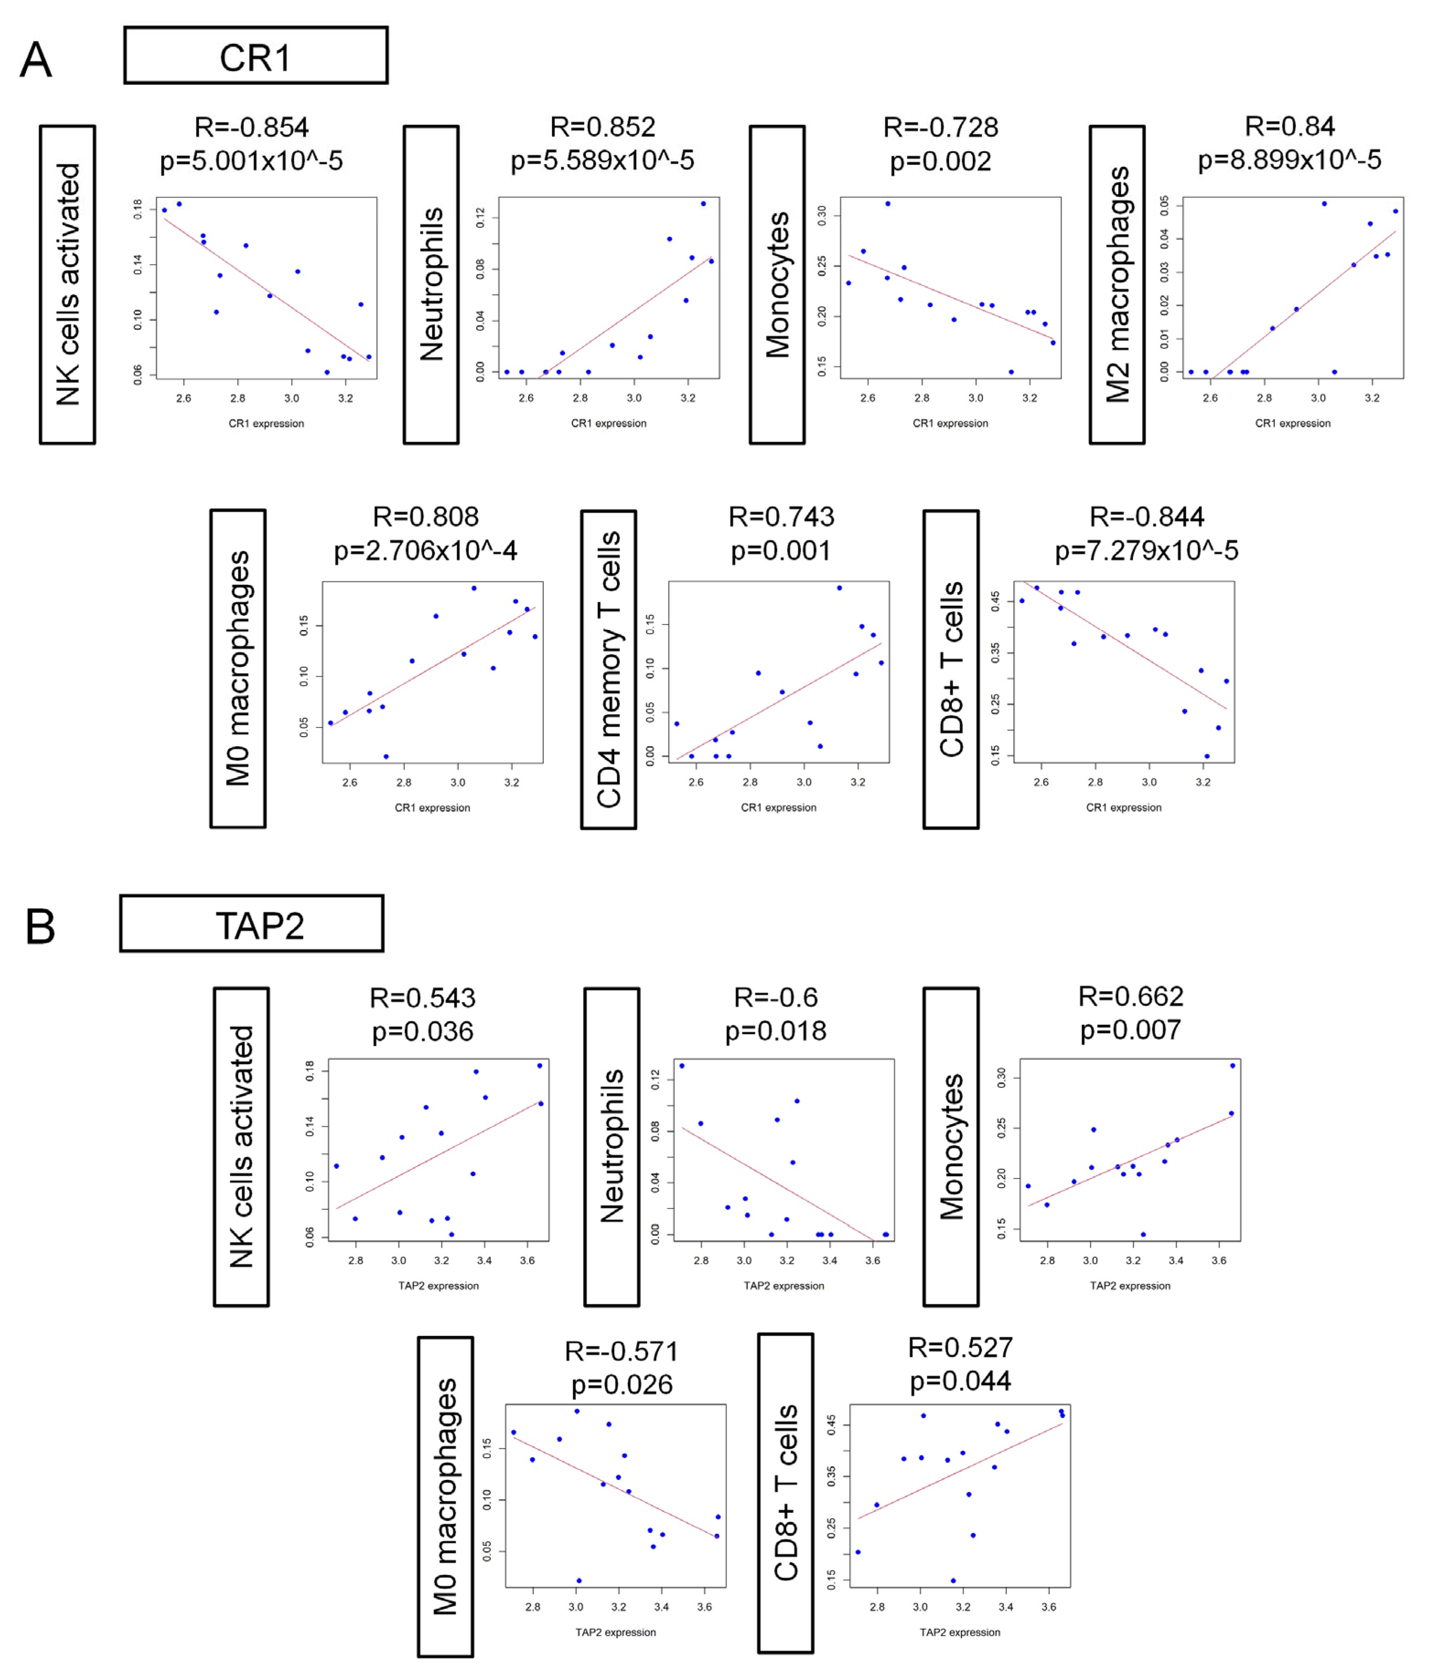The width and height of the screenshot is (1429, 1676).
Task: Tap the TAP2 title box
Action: click(x=252, y=924)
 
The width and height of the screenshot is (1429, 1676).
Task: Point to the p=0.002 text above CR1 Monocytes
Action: click(x=940, y=161)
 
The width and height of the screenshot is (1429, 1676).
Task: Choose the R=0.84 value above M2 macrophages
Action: click(x=1289, y=126)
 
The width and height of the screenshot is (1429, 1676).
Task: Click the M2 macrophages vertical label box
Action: click(x=1117, y=285)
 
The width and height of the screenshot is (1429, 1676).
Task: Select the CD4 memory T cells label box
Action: click(x=609, y=670)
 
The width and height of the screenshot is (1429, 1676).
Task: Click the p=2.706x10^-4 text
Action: click(x=425, y=551)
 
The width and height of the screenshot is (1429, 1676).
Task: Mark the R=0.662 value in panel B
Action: click(x=1131, y=997)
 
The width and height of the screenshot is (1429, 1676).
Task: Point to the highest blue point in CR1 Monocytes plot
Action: click(x=887, y=204)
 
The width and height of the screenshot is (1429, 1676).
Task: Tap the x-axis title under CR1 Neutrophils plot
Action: click(x=609, y=423)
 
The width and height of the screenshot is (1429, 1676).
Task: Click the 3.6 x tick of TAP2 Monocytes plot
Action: click(x=1219, y=1260)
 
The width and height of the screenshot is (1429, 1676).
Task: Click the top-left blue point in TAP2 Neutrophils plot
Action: click(x=682, y=1066)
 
